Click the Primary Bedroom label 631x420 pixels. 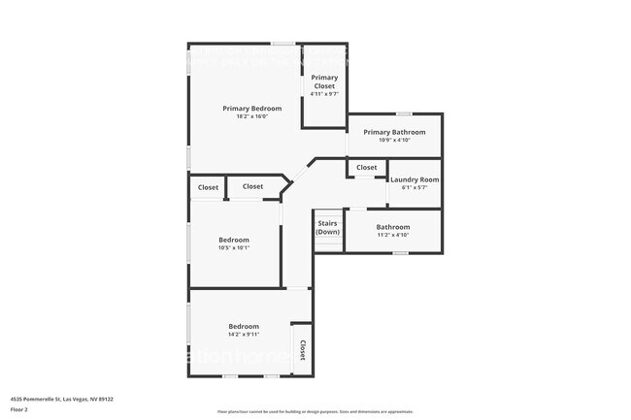251,109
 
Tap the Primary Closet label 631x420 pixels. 324,81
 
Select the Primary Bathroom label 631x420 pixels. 394,132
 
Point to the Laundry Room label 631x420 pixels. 415,179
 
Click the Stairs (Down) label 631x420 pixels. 328,228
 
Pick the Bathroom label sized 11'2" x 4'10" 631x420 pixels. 393,227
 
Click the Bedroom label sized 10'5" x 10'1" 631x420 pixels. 234,240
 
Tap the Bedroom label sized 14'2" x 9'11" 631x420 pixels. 244,327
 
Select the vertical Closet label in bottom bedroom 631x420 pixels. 302,350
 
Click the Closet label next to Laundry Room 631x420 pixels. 366,168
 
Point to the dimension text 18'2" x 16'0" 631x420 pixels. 251,117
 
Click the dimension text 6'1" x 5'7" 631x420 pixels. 415,188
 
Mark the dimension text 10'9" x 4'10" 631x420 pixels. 394,141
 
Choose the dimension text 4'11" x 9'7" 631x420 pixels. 324,94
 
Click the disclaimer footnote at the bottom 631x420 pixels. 315,412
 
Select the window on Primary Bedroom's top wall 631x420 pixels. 283,44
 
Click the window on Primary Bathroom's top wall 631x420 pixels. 403,114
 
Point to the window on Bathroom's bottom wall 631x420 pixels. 400,253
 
